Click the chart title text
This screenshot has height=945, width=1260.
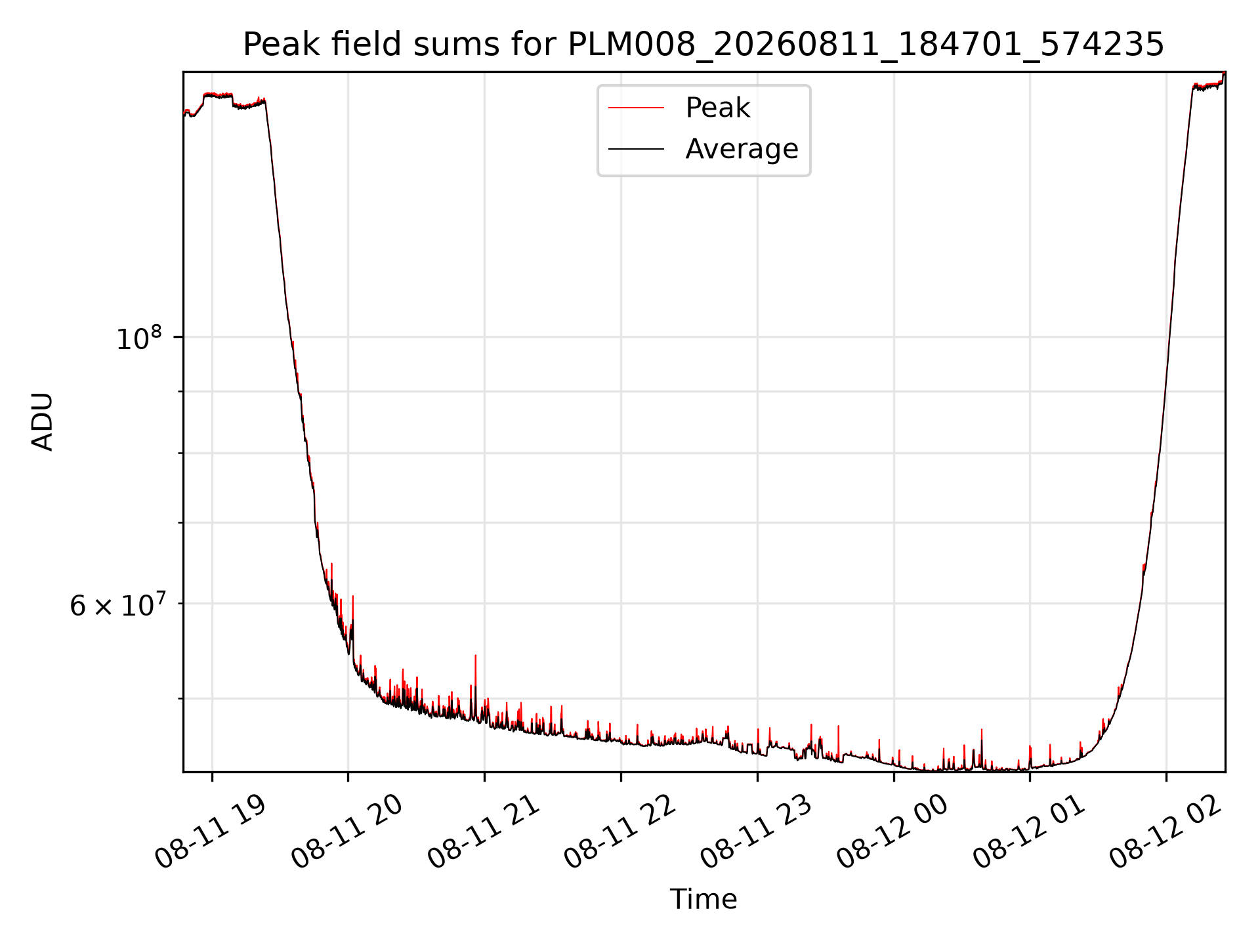pyautogui.click(x=703, y=45)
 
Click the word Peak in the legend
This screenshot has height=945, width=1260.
pyautogui.click(x=718, y=108)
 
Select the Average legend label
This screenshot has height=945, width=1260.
pyautogui.click(x=742, y=149)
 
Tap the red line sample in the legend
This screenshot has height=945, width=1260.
pyautogui.click(x=636, y=108)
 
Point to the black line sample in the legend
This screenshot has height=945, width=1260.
pyautogui.click(x=636, y=150)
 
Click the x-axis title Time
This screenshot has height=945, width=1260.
pyautogui.click(x=703, y=899)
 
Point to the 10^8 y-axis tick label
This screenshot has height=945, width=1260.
pyautogui.click(x=138, y=338)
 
